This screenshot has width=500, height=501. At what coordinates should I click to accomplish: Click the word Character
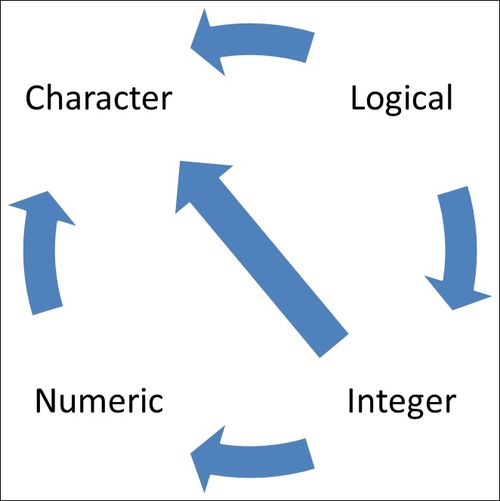coord(99,98)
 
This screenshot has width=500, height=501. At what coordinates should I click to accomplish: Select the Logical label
coord(402,98)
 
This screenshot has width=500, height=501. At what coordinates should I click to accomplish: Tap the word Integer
coord(401,400)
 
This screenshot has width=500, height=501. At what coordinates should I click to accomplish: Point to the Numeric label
coord(99,400)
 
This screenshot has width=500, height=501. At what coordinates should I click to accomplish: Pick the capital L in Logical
coord(359,98)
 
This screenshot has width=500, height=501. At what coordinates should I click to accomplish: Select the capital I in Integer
coord(352,400)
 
